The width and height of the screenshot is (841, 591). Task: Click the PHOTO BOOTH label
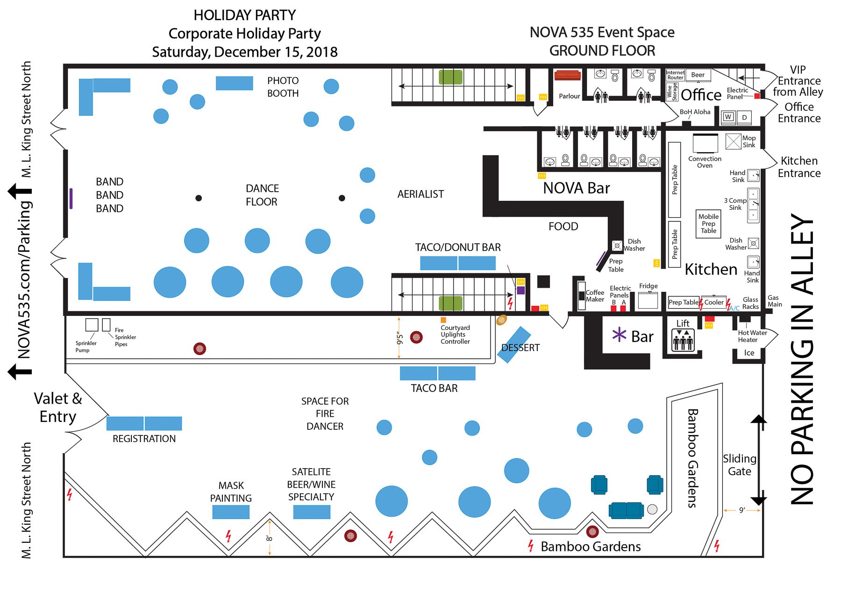pos(283,87)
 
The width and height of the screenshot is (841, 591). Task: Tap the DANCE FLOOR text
pos(262,195)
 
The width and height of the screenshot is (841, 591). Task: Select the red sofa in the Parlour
pos(567,75)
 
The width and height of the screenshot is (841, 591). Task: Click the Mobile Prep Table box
pos(708,224)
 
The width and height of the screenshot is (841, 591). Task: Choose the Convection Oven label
pos(705,162)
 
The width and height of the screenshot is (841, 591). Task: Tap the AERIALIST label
pos(420,194)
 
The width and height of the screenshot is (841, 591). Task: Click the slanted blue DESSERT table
pos(514,344)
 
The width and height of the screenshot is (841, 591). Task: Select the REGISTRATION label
pos(144,439)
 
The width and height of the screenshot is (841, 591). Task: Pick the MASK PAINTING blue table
pos(231,512)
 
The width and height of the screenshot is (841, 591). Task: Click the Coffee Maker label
pos(595,296)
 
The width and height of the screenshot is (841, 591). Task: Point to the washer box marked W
pos(727,117)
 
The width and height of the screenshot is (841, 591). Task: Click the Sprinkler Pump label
pos(86,346)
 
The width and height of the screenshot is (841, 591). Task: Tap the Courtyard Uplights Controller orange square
pos(443,320)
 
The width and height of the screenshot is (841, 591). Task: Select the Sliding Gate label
pos(739,465)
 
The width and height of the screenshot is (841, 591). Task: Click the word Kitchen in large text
pos(711,269)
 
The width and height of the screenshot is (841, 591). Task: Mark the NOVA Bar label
pos(576,188)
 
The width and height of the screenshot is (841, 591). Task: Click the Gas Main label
pos(774,301)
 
